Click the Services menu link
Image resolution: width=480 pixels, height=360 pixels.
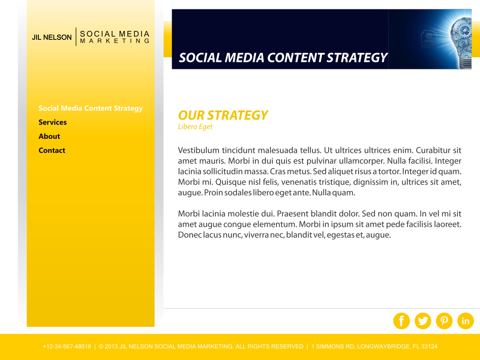(x=52, y=122)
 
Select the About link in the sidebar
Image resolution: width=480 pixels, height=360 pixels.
(x=49, y=136)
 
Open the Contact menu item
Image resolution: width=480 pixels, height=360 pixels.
(x=52, y=150)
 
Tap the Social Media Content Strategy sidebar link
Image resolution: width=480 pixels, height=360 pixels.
(x=90, y=108)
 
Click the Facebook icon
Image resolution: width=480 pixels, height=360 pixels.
(x=401, y=321)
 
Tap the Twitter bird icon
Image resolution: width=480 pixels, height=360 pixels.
(x=423, y=321)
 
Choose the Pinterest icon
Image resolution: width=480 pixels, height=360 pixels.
(x=444, y=321)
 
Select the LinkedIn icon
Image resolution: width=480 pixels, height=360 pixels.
(x=465, y=321)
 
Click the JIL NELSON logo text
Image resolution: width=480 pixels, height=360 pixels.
(x=52, y=37)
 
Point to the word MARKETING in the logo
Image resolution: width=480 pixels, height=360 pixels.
(x=115, y=41)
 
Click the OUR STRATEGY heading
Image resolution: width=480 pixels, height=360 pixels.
(x=223, y=115)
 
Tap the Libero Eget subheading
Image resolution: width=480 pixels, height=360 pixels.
(x=195, y=127)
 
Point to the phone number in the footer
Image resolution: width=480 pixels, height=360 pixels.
(x=67, y=346)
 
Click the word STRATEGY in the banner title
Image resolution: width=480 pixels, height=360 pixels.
(x=357, y=58)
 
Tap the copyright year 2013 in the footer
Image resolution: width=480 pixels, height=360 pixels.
(x=111, y=346)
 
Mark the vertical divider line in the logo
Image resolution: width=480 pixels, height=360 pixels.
(x=76, y=37)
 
